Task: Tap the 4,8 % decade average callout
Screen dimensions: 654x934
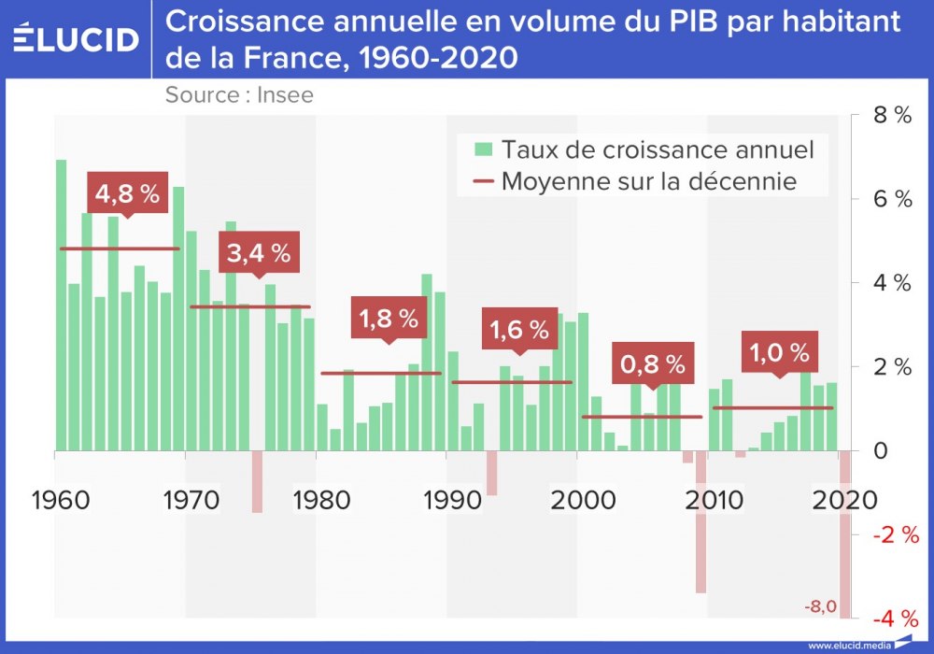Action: pyautogui.click(x=128, y=194)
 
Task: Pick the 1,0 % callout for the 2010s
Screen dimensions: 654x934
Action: pyautogui.click(x=779, y=352)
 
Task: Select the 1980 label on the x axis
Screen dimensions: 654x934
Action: pyautogui.click(x=322, y=499)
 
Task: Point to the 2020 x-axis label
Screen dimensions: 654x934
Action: pyautogui.click(x=846, y=499)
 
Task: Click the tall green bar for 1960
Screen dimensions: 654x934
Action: pyautogui.click(x=62, y=305)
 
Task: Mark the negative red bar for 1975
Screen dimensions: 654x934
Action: pyautogui.click(x=257, y=481)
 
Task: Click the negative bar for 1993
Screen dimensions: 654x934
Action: pyautogui.click(x=492, y=473)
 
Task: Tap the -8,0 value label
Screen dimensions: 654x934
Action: pyautogui.click(x=820, y=606)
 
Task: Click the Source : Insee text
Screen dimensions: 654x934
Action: pyautogui.click(x=239, y=94)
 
